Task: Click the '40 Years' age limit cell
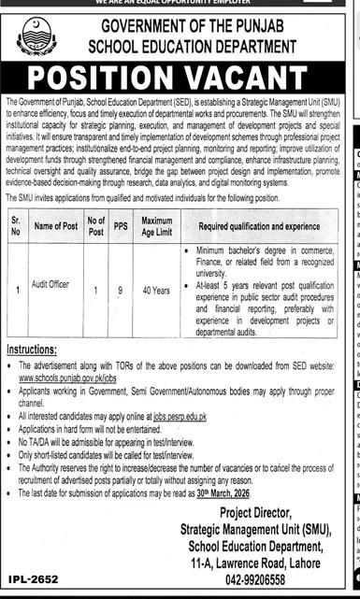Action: (x=156, y=290)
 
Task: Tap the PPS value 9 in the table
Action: (x=118, y=290)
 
